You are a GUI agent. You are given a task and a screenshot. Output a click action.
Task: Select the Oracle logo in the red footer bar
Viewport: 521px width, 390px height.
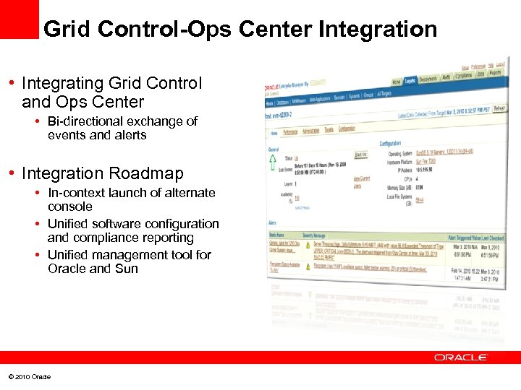pos(461,357)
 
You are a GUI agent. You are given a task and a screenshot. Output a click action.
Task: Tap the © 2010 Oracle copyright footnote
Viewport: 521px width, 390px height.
pos(29,377)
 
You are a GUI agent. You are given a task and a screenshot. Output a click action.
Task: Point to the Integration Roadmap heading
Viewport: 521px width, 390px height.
pos(103,173)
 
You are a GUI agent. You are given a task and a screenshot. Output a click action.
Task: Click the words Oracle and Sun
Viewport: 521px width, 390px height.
pos(93,269)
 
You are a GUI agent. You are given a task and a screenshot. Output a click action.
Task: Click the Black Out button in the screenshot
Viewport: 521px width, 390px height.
pos(360,155)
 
